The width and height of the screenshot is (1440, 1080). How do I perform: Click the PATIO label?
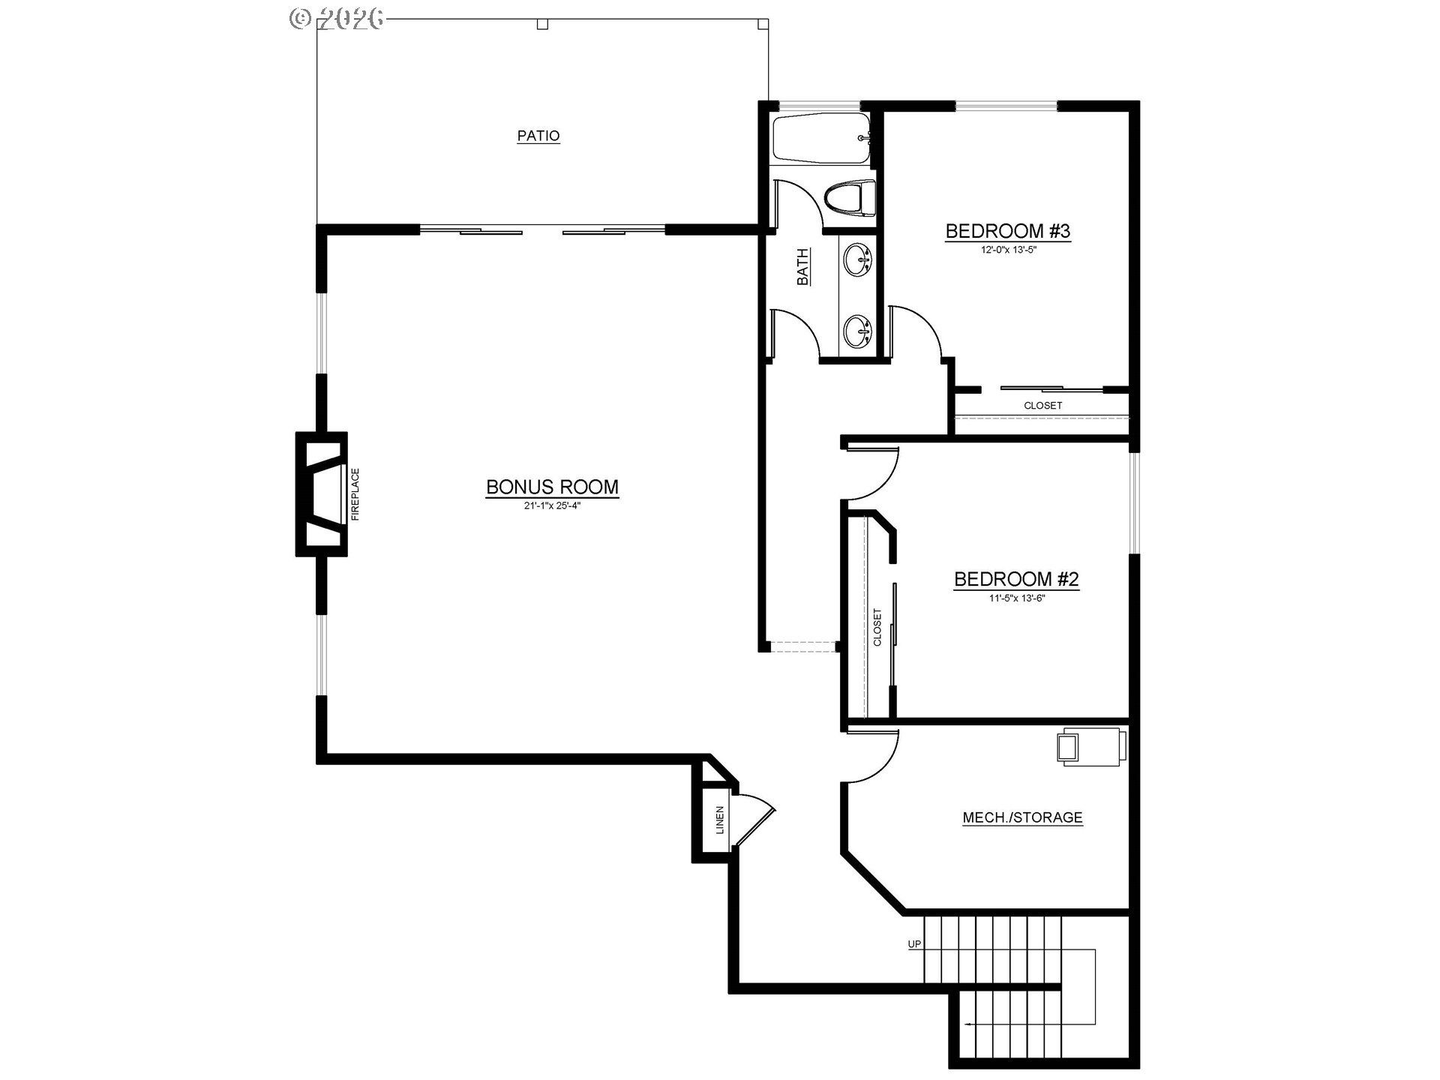tap(538, 136)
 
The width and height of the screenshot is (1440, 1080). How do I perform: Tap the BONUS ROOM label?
tap(552, 487)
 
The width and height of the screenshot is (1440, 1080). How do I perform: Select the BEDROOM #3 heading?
tap(1007, 231)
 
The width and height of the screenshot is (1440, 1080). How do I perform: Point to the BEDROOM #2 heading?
tap(1016, 579)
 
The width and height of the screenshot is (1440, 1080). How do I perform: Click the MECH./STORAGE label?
tap(1022, 817)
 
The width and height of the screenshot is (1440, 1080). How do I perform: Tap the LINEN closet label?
tap(720, 820)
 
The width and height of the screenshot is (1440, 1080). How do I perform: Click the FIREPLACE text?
tap(355, 494)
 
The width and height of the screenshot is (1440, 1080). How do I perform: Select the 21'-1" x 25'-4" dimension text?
tap(552, 505)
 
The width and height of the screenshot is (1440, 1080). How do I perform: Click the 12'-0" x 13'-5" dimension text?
tap(1008, 249)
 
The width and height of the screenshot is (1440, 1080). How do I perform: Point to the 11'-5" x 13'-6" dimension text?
tap(1016, 598)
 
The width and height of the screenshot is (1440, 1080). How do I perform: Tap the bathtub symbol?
tap(821, 138)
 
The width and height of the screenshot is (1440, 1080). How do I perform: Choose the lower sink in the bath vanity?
tap(856, 330)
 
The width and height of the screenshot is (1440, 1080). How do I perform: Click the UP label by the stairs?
tap(914, 944)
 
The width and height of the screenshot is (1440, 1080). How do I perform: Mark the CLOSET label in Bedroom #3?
tap(1042, 406)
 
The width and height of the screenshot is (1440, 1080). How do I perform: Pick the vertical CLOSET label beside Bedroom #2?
tap(877, 627)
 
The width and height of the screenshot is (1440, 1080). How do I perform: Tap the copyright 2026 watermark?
tap(337, 19)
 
